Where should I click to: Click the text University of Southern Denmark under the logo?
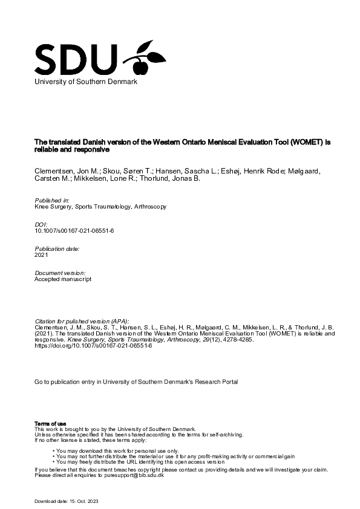pos(85,82)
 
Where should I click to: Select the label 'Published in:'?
pos(52,199)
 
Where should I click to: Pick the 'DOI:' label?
pos(42,224)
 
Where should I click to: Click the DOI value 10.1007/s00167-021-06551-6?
pos(70,231)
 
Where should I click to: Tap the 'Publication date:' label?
pos(57,248)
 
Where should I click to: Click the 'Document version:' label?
pos(59,273)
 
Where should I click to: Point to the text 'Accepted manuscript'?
pos(63,279)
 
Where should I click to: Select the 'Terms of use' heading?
pos(50,423)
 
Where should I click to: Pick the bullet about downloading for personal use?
pos(117,451)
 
